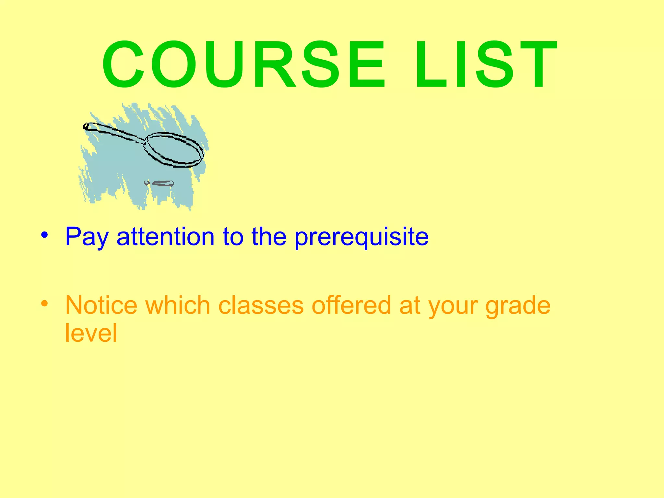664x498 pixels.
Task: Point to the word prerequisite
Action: pos(362,237)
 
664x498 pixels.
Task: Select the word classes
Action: pos(261,305)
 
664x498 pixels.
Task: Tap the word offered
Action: pos(351,305)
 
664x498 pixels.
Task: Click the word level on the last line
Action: pos(91,333)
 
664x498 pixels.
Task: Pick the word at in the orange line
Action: pos(409,305)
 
